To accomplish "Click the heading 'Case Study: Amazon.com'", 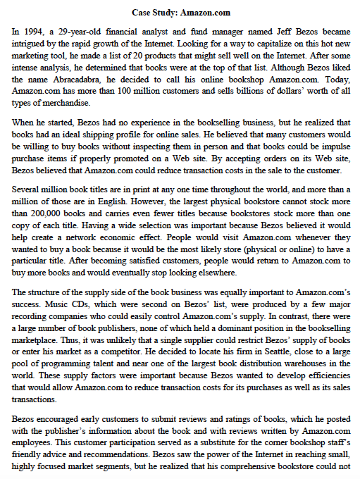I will coord(180,12).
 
